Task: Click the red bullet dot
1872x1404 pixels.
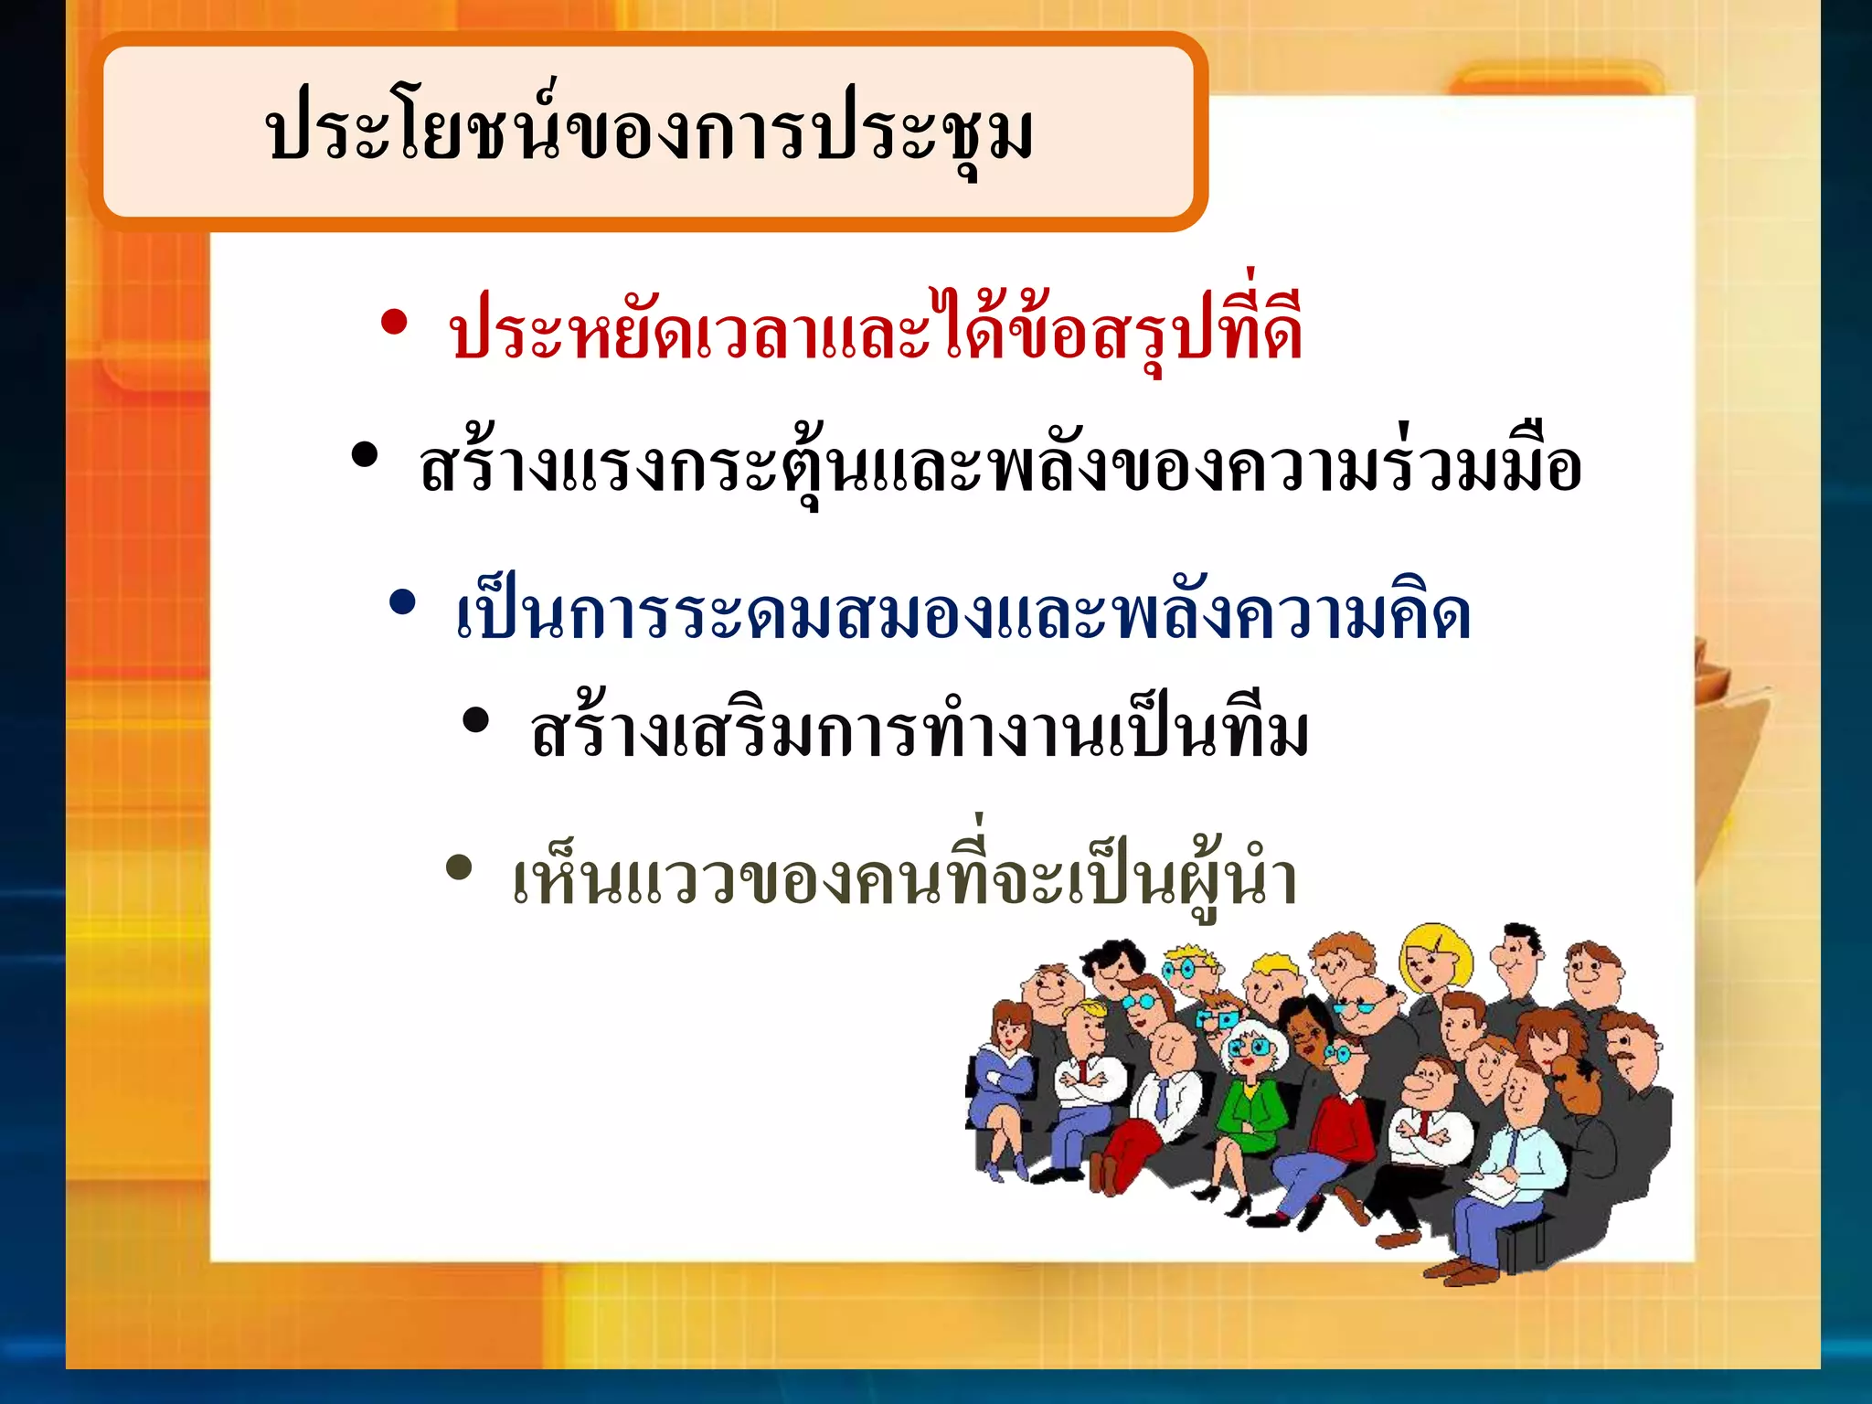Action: [x=394, y=324]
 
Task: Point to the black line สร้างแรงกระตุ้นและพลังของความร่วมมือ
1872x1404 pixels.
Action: [x=1000, y=466]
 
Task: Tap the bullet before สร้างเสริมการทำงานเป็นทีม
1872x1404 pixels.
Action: [x=475, y=720]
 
